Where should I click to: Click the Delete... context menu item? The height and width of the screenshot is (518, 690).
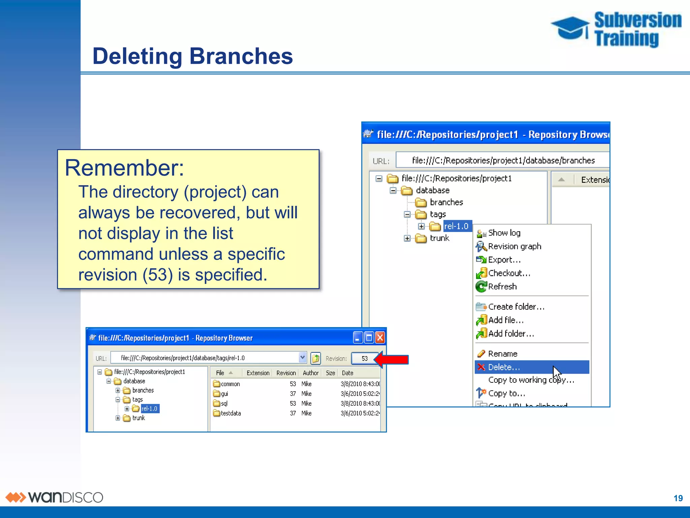pos(504,367)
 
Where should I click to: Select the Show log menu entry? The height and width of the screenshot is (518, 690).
pos(504,233)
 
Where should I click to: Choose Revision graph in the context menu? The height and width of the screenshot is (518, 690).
pos(514,246)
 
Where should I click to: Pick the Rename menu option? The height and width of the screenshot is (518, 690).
pos(502,353)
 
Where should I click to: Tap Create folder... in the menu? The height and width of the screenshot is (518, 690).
pos(516,307)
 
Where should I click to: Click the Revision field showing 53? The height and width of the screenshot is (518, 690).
pos(364,358)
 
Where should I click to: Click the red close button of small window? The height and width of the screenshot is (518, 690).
pos(380,338)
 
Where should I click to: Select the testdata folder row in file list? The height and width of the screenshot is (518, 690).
pos(230,413)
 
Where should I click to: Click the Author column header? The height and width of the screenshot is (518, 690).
pos(310,373)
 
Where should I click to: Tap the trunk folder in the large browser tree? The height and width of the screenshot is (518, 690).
pos(439,238)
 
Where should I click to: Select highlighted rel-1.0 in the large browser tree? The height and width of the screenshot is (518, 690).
pos(456,226)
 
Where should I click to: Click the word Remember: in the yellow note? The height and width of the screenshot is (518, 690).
pos(124,168)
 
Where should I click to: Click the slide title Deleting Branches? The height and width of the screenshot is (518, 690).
pos(192,56)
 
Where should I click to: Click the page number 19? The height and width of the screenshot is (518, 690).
pos(678,498)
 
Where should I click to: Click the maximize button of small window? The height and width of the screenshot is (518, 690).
pos(369,338)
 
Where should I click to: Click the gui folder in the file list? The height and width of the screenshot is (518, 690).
pos(224,394)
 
